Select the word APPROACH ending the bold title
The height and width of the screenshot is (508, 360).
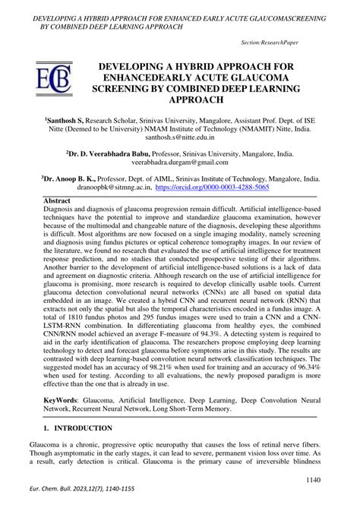(180, 101)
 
